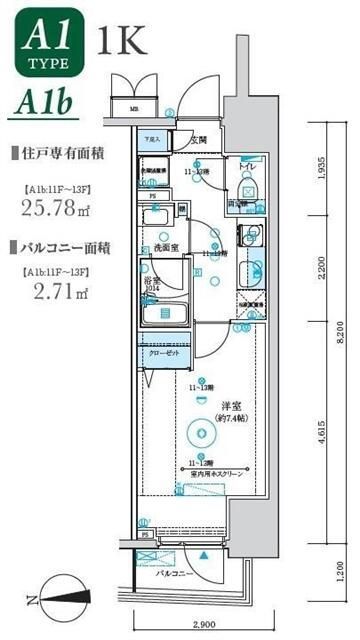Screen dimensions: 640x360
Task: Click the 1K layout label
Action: tap(122, 41)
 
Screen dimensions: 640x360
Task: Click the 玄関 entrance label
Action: tap(199, 139)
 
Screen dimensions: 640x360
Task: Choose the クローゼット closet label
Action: tap(164, 353)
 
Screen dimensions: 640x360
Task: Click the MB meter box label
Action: tap(133, 109)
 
